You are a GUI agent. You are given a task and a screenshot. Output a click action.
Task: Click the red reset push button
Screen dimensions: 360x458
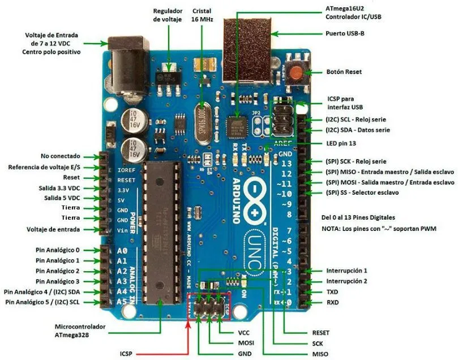(296, 72)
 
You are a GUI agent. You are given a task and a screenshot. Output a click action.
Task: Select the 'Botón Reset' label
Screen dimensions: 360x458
(344, 72)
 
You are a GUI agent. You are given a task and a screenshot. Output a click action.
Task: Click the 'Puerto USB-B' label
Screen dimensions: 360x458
(345, 33)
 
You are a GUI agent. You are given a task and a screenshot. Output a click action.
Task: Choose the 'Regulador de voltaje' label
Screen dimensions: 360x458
(168, 15)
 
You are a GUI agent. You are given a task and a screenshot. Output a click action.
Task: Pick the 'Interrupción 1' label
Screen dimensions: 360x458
(346, 271)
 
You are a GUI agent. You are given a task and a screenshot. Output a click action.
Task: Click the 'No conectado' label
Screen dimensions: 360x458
(61, 156)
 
